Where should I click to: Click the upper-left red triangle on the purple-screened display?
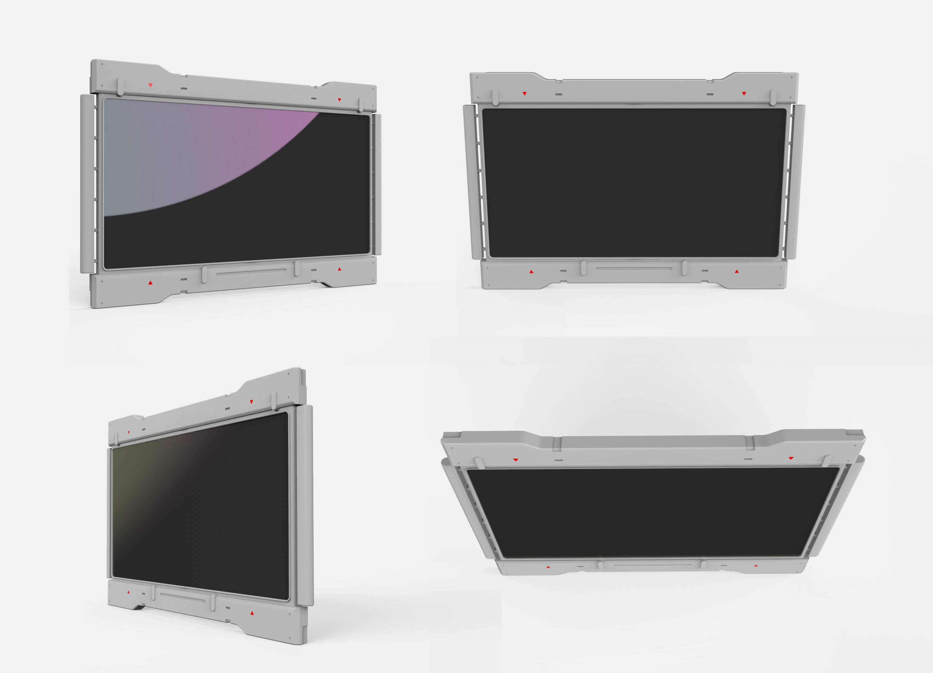[x=151, y=85]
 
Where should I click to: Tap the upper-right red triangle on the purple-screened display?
[x=339, y=100]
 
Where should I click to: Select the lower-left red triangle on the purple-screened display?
[x=151, y=283]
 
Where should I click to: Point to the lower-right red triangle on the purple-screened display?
[x=339, y=269]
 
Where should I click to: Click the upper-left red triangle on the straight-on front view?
[x=524, y=94]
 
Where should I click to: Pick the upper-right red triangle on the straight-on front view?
[x=744, y=94]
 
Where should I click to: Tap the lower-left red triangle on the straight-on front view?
[x=531, y=272]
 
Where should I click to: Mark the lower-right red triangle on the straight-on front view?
[x=737, y=271]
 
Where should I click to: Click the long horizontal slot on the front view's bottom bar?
[x=634, y=268]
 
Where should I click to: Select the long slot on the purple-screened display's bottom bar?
[x=251, y=272]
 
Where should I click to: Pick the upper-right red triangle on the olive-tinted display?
[x=251, y=402]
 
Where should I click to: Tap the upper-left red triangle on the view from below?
[x=515, y=460]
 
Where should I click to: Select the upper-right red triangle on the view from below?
[x=791, y=458]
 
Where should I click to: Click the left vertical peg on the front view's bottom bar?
[x=583, y=268]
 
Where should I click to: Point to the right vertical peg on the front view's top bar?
[x=773, y=97]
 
